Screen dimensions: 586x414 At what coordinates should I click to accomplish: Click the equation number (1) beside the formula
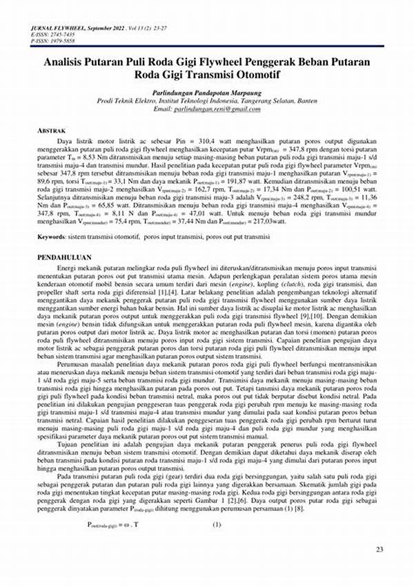click(216, 524)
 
